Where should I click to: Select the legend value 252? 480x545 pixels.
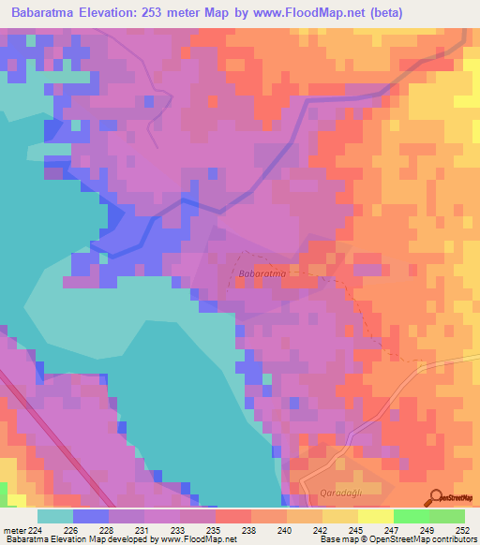[x=464, y=529]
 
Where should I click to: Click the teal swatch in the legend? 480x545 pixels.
[x=54, y=516]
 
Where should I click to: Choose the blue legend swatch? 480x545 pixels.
[x=90, y=516]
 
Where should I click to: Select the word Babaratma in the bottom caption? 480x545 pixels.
[x=27, y=539]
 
